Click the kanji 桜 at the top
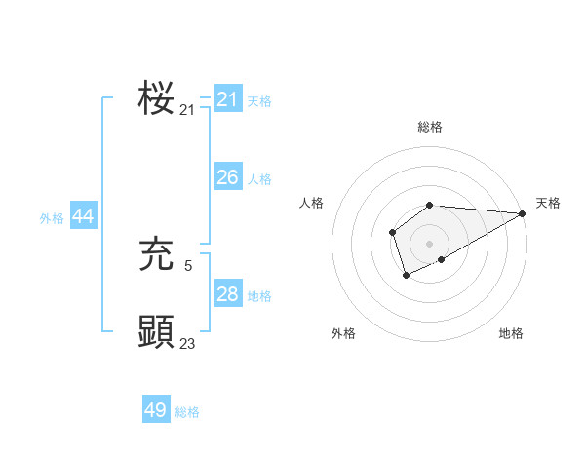pyautogui.click(x=156, y=98)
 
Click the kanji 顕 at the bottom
pyautogui.click(x=156, y=331)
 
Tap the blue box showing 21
pyautogui.click(x=228, y=99)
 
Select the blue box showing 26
pyautogui.click(x=228, y=177)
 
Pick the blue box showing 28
pyautogui.click(x=228, y=294)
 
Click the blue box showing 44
pyautogui.click(x=84, y=217)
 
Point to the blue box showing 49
pyautogui.click(x=156, y=410)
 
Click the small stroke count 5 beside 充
pyautogui.click(x=188, y=264)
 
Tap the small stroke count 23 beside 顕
pyautogui.click(x=188, y=343)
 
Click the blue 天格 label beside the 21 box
pyautogui.click(x=259, y=100)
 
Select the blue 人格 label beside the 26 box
pyautogui.click(x=259, y=179)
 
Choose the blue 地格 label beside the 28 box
pyautogui.click(x=259, y=296)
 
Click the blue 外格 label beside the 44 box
pyautogui.click(x=52, y=219)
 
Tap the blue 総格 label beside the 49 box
pyautogui.click(x=187, y=412)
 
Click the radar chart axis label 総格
pyautogui.click(x=429, y=127)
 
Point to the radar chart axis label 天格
pyautogui.click(x=548, y=203)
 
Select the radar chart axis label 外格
pyautogui.click(x=343, y=333)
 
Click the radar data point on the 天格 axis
pyautogui.click(x=523, y=213)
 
